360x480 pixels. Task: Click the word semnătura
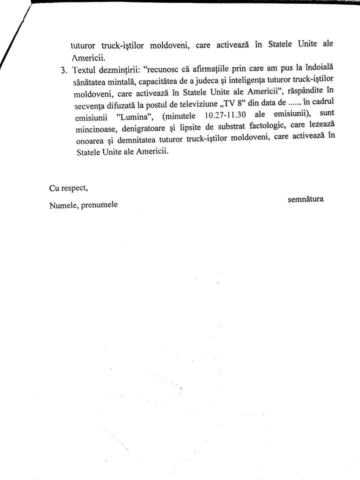click(305, 199)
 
